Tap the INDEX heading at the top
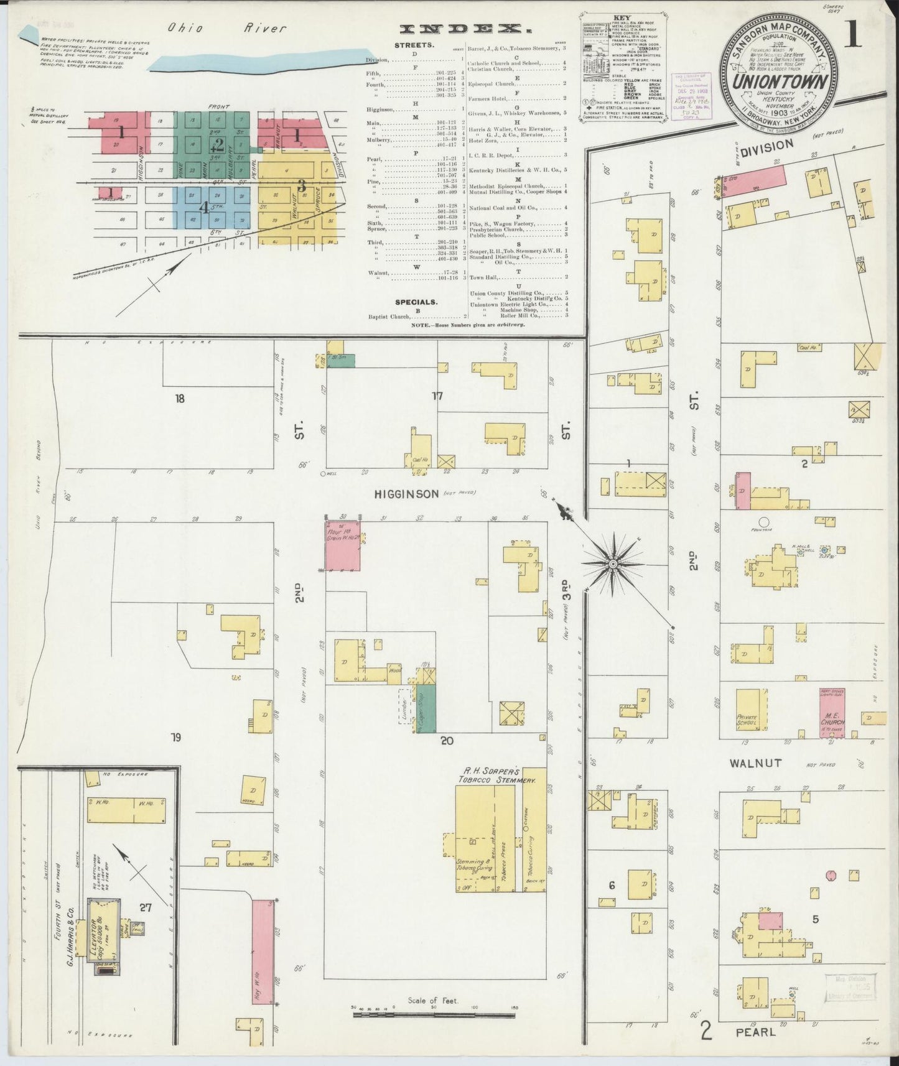coord(461,29)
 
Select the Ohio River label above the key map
coord(226,28)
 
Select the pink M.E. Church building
coord(832,714)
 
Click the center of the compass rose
coord(613,563)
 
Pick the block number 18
coord(180,399)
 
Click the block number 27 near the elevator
coord(146,907)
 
